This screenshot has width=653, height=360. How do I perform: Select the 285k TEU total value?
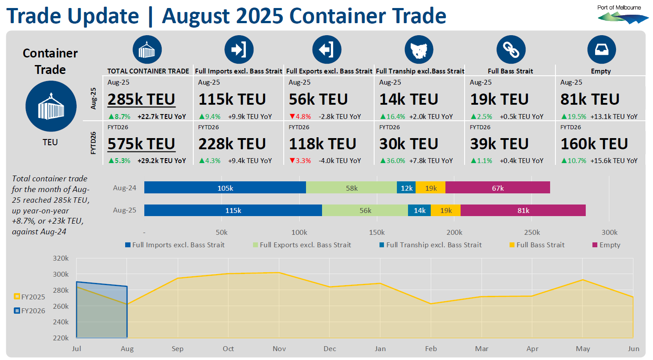click(142, 99)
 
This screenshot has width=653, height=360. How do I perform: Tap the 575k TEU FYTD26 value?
click(142, 144)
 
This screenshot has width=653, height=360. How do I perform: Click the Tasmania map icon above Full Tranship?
click(419, 49)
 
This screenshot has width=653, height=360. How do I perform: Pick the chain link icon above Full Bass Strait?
click(510, 49)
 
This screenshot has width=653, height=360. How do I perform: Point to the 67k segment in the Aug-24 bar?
click(498, 188)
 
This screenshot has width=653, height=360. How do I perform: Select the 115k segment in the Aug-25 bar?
click(233, 211)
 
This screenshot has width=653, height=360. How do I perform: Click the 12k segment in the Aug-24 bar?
click(406, 188)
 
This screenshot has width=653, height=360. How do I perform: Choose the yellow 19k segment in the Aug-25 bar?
click(445, 211)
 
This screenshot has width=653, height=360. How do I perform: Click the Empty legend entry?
click(606, 245)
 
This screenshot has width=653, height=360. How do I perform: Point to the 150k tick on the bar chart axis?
click(377, 233)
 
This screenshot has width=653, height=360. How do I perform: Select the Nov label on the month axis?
click(279, 348)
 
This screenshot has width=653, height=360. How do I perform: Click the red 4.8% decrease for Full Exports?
click(300, 117)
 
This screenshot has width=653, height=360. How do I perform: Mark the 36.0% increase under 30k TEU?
click(392, 161)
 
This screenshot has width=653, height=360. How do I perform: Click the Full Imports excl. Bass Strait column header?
click(239, 71)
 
